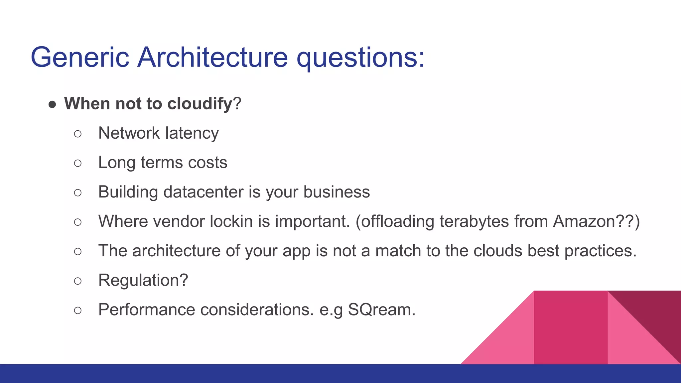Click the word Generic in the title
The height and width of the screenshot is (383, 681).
pyautogui.click(x=80, y=57)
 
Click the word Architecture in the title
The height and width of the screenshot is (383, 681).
pyautogui.click(x=212, y=57)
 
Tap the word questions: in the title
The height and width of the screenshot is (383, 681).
pyautogui.click(x=360, y=57)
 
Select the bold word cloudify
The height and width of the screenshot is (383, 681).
pyautogui.click(x=200, y=103)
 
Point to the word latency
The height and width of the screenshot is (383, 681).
pyautogui.click(x=192, y=133)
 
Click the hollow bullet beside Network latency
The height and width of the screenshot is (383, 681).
pyautogui.click(x=78, y=134)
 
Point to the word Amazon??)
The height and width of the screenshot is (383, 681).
pyautogui.click(x=596, y=221)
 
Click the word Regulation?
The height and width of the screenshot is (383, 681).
pyautogui.click(x=143, y=280)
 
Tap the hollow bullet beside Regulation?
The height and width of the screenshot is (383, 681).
pyautogui.click(x=78, y=281)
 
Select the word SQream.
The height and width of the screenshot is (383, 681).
pyautogui.click(x=381, y=310)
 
